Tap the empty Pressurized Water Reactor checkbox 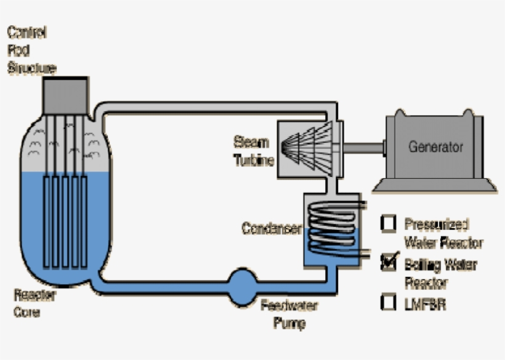tap(389, 223)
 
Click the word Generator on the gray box tap(435, 147)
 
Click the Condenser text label tap(271, 229)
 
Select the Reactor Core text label tap(34, 303)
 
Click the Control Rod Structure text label tap(31, 50)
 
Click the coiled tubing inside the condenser tap(333, 228)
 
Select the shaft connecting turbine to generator tap(364, 147)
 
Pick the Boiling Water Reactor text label tap(440, 273)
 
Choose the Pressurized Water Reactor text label tap(443, 233)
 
